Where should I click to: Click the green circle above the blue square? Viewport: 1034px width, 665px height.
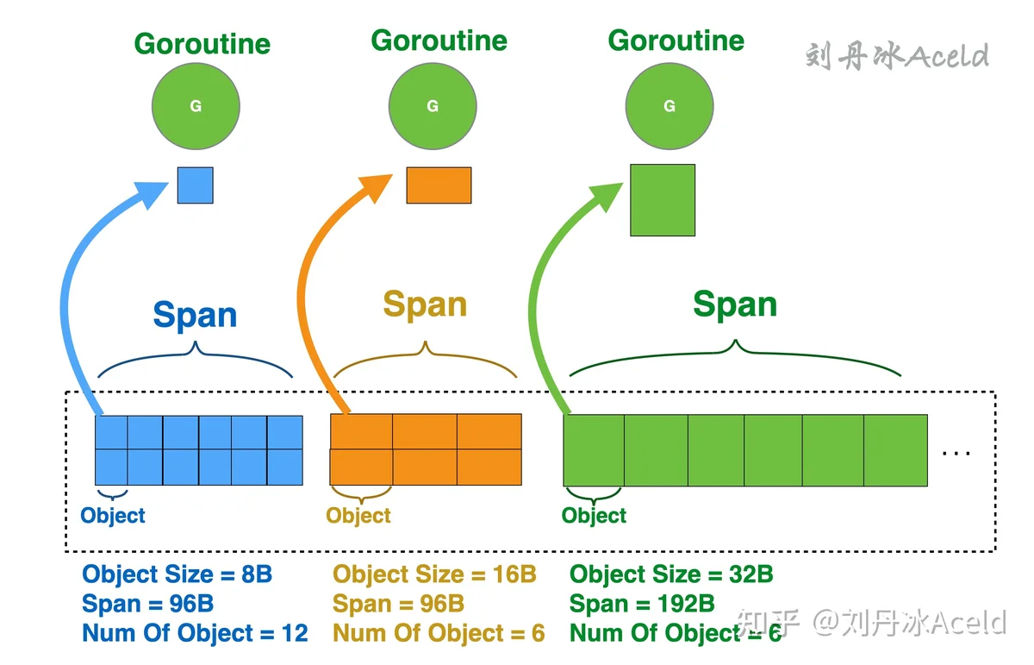[196, 106]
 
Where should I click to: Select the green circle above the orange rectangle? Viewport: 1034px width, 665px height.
[433, 106]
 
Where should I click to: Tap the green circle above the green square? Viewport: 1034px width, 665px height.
[670, 106]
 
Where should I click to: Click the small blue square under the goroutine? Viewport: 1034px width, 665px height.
[196, 185]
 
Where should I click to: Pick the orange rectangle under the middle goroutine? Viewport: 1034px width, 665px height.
[439, 185]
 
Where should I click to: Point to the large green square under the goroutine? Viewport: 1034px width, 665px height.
[663, 200]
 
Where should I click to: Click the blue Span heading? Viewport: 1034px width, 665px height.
[195, 315]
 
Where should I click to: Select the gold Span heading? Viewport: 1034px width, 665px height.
[425, 305]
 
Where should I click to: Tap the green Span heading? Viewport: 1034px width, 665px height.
[735, 305]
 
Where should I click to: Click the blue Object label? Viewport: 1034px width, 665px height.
[113, 516]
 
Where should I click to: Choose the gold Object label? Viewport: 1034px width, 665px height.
[358, 516]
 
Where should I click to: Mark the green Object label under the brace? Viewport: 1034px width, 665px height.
[594, 516]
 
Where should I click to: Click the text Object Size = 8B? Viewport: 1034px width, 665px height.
[178, 574]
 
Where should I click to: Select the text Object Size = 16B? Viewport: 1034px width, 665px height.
[434, 574]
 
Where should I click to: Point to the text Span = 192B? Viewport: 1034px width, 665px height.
[642, 604]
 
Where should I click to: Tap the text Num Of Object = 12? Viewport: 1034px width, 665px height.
[195, 633]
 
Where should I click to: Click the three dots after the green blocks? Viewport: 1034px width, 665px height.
[956, 454]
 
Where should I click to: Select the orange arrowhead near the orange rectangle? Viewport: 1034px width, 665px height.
[377, 189]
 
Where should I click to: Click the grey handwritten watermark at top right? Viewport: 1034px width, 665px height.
[897, 56]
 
